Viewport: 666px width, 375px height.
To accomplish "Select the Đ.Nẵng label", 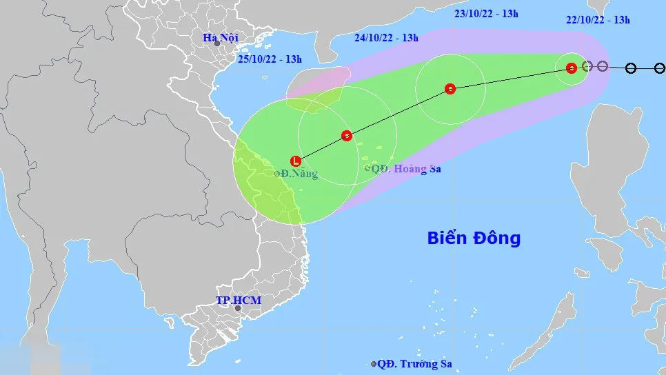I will click(x=300, y=174).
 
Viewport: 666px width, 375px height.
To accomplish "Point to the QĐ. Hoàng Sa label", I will click(x=406, y=168).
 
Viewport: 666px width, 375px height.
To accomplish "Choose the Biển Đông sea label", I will click(x=474, y=239).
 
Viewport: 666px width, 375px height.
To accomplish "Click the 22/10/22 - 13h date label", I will click(x=598, y=20).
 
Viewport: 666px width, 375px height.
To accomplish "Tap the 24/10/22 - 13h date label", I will click(x=386, y=38).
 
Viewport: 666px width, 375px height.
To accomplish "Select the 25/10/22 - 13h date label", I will click(x=270, y=59).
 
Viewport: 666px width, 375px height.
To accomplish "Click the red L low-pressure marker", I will click(x=296, y=161).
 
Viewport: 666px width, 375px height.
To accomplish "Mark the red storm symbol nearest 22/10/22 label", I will click(x=572, y=68).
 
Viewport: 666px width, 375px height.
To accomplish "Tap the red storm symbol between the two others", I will click(x=450, y=89).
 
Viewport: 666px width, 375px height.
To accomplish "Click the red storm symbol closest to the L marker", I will click(x=347, y=136).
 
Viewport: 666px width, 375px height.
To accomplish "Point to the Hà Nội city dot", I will click(x=217, y=43).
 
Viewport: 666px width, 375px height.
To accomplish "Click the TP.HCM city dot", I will click(x=238, y=308).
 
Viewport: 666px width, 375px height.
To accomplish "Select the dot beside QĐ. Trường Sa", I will click(x=374, y=364).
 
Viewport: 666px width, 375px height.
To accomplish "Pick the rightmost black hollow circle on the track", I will click(x=660, y=68).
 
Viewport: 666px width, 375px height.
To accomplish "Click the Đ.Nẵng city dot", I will click(x=277, y=174).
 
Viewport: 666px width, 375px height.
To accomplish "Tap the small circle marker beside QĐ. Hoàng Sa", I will click(x=367, y=168).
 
